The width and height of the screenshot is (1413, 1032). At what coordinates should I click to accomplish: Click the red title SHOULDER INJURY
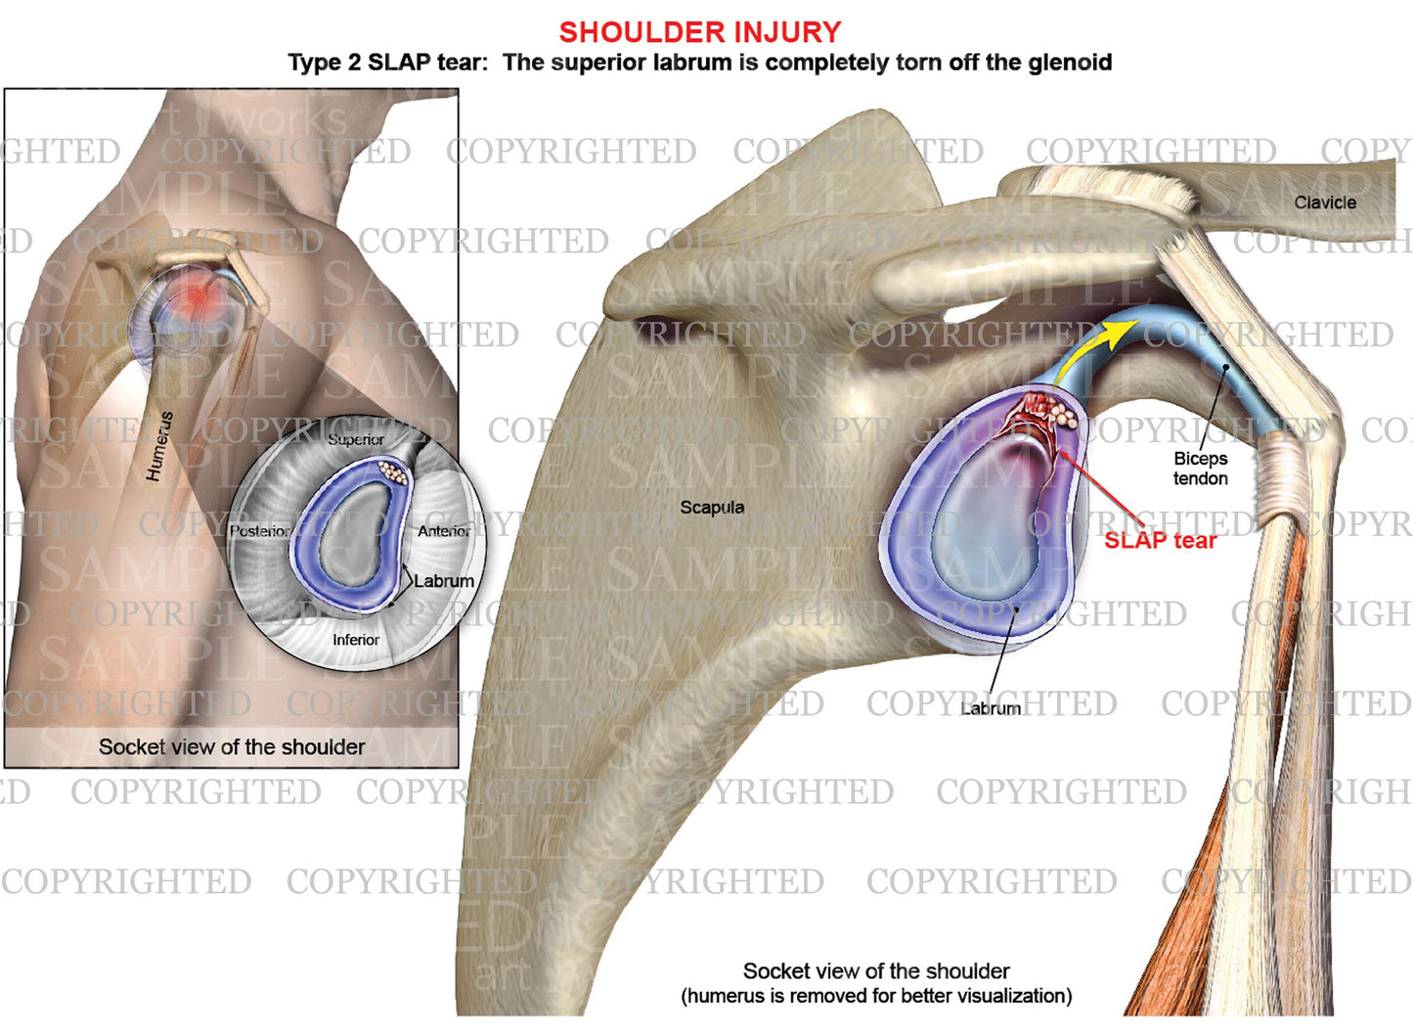pyautogui.click(x=699, y=32)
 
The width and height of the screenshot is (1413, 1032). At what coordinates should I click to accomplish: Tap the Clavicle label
pyautogui.click(x=1325, y=202)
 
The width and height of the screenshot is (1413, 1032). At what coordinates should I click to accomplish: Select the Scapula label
pyautogui.click(x=712, y=507)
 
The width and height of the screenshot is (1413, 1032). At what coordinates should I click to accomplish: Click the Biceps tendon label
pyautogui.click(x=1200, y=469)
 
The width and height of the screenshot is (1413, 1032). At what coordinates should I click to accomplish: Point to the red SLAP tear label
pyautogui.click(x=1160, y=540)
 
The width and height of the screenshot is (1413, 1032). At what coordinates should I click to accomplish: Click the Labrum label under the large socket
pyautogui.click(x=991, y=708)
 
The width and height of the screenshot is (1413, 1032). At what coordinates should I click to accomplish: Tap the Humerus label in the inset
pyautogui.click(x=159, y=445)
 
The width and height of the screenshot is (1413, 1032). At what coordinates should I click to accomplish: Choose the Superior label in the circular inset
pyautogui.click(x=356, y=439)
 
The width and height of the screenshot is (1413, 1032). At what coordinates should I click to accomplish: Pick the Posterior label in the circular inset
pyautogui.click(x=260, y=530)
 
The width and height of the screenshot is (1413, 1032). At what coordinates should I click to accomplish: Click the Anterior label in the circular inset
pyautogui.click(x=444, y=530)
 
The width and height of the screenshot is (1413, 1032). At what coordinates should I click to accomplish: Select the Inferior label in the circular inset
pyautogui.click(x=356, y=639)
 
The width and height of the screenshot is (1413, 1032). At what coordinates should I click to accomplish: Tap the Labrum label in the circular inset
pyautogui.click(x=444, y=580)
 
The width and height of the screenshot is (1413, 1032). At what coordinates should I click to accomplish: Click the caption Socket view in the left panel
pyautogui.click(x=232, y=746)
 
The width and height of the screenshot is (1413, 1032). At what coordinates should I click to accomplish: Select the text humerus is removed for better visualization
pyautogui.click(x=876, y=996)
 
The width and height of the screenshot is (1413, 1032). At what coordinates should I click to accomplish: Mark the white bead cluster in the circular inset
pyautogui.click(x=393, y=471)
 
